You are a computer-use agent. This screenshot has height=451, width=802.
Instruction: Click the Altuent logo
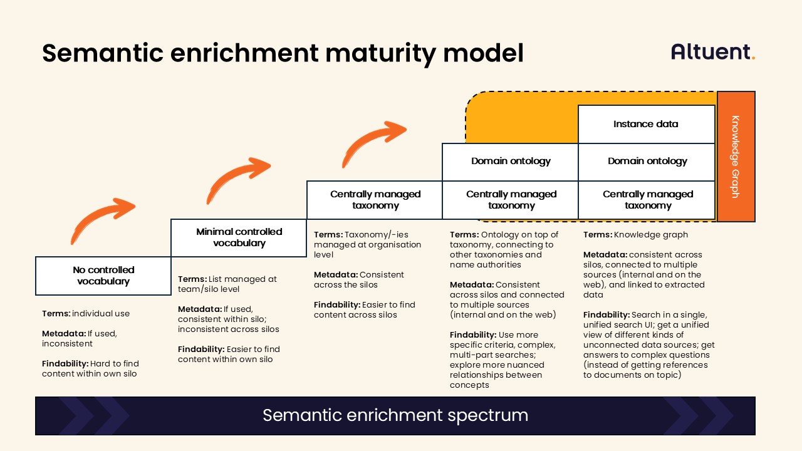pyautogui.click(x=712, y=51)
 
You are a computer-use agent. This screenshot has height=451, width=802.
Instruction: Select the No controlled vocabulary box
pyautogui.click(x=103, y=276)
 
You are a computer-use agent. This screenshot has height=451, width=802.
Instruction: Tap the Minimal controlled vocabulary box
pyautogui.click(x=239, y=237)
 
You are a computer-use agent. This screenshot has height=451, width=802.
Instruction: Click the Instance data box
pyautogui.click(x=645, y=124)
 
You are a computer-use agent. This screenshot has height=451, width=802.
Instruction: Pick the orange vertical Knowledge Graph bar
pyautogui.click(x=736, y=157)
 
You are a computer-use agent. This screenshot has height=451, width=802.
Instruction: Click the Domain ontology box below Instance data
pyautogui.click(x=647, y=161)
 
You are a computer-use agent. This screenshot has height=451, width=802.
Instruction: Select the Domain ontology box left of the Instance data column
pyautogui.click(x=510, y=161)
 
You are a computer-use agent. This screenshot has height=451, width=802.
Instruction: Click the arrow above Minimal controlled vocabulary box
pyautogui.click(x=239, y=180)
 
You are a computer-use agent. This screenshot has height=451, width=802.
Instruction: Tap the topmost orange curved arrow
pyautogui.click(x=374, y=142)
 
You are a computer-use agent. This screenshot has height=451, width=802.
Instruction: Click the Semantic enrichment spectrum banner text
pyautogui.click(x=395, y=415)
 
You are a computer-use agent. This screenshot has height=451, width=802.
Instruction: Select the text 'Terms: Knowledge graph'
pyautogui.click(x=635, y=235)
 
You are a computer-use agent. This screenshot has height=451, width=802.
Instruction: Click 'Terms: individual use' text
pyautogui.click(x=86, y=314)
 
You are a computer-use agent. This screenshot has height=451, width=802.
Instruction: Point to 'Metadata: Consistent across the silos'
pyautogui.click(x=358, y=280)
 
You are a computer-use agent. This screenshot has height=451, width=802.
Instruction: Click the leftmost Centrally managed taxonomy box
pyautogui.click(x=375, y=200)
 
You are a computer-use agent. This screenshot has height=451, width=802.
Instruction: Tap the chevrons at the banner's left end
pyautogui.click(x=94, y=415)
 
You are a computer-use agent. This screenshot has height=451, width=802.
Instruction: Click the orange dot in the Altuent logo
pyautogui.click(x=753, y=58)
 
